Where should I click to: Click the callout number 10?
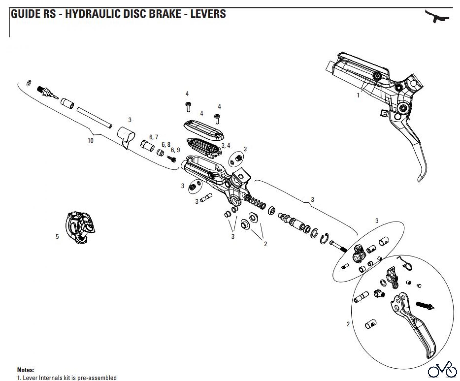(x=90, y=141)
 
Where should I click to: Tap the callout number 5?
(x=57, y=237)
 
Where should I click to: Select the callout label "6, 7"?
(x=154, y=137)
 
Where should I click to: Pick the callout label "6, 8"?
(x=166, y=145)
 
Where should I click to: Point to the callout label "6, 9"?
(x=175, y=150)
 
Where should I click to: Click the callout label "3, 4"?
(x=226, y=145)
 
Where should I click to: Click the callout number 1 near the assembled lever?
(x=358, y=95)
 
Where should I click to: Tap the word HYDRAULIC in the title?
(x=92, y=14)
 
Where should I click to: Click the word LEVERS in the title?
(x=208, y=14)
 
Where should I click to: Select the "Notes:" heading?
(x=26, y=370)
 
